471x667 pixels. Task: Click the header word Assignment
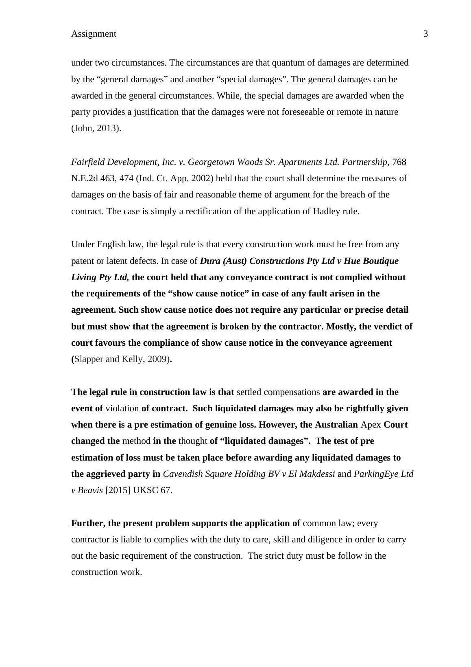click(94, 34)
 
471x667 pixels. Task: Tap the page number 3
click(425, 34)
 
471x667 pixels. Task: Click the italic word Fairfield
click(87, 162)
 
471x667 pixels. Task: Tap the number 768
click(399, 162)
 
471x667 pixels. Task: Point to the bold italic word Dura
click(210, 261)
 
